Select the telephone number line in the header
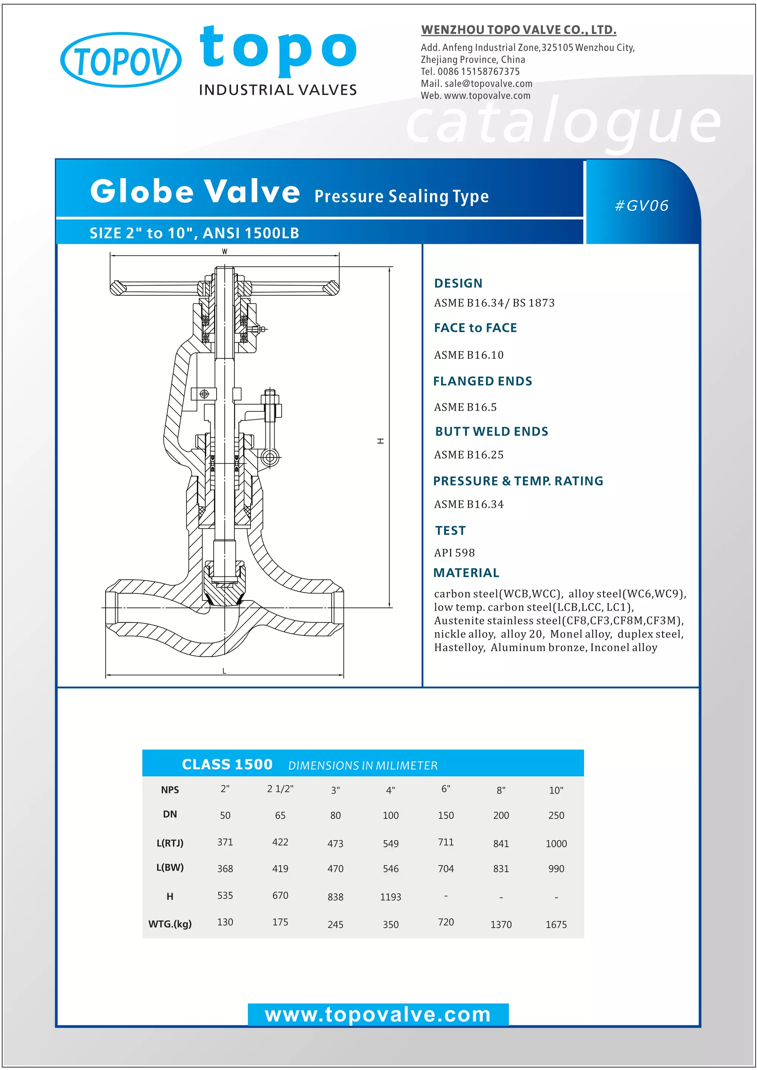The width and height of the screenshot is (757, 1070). pyautogui.click(x=470, y=72)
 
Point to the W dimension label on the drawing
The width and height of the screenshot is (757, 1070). pyautogui.click(x=225, y=252)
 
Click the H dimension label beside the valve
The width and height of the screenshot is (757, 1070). pyautogui.click(x=381, y=441)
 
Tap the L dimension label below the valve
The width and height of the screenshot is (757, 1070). pyautogui.click(x=224, y=671)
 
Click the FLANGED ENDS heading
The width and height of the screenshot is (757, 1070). pyautogui.click(x=482, y=381)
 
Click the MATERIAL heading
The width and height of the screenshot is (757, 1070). pyautogui.click(x=466, y=573)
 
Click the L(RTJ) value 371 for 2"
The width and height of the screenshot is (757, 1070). pyautogui.click(x=225, y=842)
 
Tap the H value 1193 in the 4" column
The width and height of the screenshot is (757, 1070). pyautogui.click(x=391, y=897)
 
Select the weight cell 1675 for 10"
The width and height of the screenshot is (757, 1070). pyautogui.click(x=556, y=924)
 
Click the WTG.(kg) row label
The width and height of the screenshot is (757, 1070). pyautogui.click(x=170, y=924)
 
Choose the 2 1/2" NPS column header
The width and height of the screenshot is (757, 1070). pyautogui.click(x=280, y=788)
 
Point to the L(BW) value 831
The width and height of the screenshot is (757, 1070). pyautogui.click(x=501, y=869)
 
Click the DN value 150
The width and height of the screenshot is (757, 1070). pyautogui.click(x=446, y=815)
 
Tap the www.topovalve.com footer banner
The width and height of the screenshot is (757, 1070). pyautogui.click(x=378, y=1015)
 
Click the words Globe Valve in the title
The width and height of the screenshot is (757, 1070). pyautogui.click(x=195, y=191)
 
